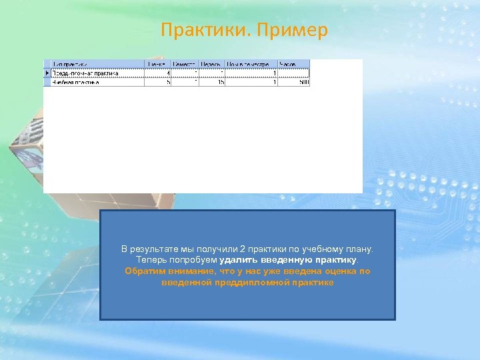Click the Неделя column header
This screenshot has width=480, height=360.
coord(212,65)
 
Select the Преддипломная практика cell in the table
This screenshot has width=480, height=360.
coord(86,73)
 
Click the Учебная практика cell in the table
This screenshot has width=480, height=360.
coord(77,82)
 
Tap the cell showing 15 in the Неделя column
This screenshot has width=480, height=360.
coord(220,82)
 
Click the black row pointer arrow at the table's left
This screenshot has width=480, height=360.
coord(47,73)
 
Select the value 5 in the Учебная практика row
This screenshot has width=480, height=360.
coord(168,82)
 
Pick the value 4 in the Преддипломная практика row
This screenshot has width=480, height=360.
coord(168,73)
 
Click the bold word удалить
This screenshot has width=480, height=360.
coord(237,260)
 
